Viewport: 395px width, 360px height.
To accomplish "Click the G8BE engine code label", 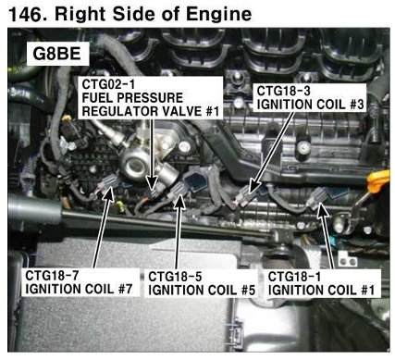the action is tap(56, 54).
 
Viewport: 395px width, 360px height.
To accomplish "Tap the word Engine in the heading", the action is tap(219, 14).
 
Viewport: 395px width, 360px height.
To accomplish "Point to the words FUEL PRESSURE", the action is tap(132, 98).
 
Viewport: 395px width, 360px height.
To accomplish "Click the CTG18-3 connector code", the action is tap(284, 91).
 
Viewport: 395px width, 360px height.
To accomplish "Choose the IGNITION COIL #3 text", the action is tap(310, 105).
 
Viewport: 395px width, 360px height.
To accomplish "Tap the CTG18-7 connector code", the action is tap(52, 276).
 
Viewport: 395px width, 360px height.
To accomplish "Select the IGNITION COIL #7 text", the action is tap(79, 290).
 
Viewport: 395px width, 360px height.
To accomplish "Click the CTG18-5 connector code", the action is tap(175, 277).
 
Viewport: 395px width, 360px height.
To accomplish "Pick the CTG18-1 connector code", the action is tap(295, 277).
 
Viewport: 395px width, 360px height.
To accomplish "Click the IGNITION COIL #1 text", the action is tap(321, 291).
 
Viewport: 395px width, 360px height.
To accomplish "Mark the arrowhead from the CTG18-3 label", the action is tap(253, 189).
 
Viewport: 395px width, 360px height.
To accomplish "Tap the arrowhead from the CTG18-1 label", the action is tap(321, 210).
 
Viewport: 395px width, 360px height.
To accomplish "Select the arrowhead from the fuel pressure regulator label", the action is tap(152, 183).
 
